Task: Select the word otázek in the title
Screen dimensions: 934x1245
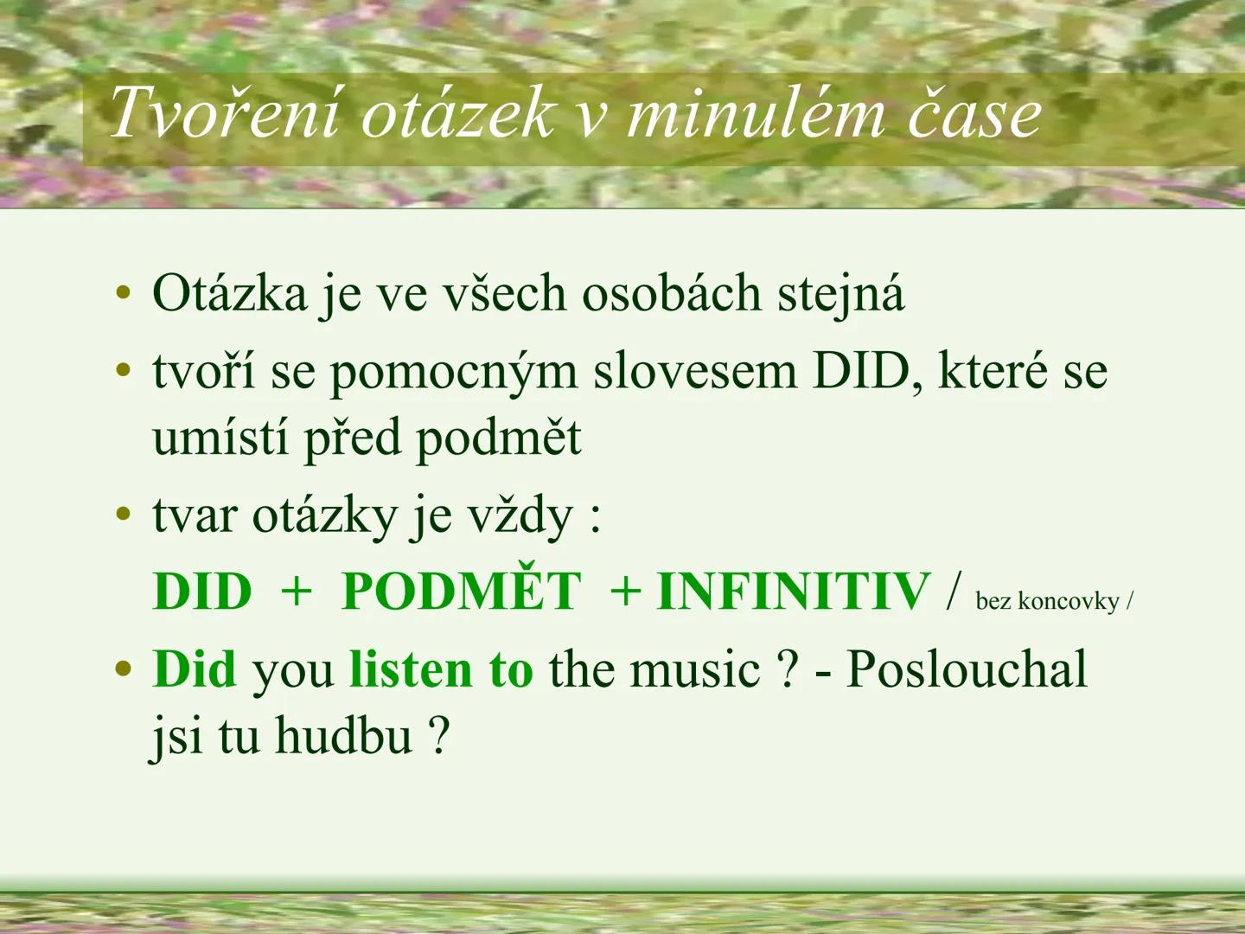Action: (456, 113)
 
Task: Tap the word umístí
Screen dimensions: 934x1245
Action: (220, 438)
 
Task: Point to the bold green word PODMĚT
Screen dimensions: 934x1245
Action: (461, 592)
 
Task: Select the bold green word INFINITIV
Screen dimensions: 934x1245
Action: (793, 592)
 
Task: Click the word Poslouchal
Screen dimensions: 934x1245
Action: (966, 669)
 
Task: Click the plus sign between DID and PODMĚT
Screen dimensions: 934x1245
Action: (296, 592)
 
